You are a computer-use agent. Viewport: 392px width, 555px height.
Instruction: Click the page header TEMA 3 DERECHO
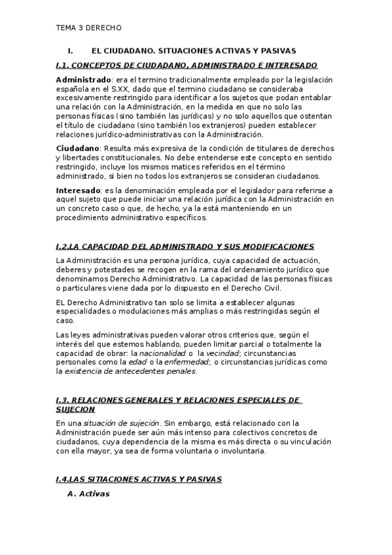pos(88,28)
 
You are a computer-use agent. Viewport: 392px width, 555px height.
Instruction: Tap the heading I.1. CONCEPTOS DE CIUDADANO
pos(187,65)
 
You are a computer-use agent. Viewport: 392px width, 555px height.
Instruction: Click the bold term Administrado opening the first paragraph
pos(84,79)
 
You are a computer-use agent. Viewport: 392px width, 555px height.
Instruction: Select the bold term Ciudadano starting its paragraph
pos(77,149)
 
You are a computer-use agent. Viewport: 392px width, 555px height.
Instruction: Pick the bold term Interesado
pos(79,190)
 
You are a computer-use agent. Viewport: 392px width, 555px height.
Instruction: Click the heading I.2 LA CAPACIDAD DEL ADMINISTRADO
pos(185,246)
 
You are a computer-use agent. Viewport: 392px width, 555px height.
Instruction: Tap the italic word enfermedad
pos(187,362)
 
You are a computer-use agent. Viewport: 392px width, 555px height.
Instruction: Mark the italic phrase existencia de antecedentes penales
pos(126,371)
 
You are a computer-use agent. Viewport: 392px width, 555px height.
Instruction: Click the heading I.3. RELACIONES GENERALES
pos(177,399)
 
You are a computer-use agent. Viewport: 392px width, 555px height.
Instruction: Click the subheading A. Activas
pos(89,494)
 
